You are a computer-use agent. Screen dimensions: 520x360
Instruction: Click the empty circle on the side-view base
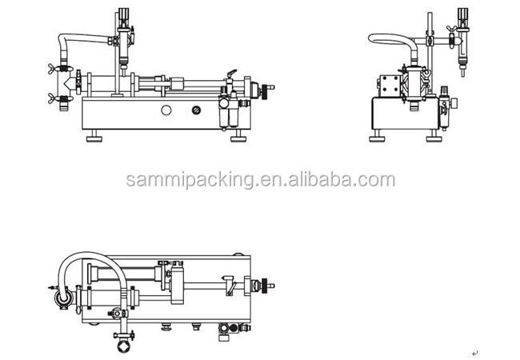(166, 110)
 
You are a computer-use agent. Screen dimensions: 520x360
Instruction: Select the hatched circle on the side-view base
(196, 110)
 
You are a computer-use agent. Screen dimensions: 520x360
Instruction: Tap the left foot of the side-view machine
(94, 136)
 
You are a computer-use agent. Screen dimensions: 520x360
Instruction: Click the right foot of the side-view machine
(238, 136)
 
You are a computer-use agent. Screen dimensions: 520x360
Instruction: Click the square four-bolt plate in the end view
(390, 84)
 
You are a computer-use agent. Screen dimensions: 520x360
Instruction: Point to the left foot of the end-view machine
(377, 136)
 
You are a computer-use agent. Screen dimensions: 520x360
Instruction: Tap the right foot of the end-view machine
(434, 136)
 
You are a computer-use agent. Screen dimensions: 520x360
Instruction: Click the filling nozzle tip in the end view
(463, 72)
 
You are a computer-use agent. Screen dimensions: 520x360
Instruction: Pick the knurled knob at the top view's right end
(265, 286)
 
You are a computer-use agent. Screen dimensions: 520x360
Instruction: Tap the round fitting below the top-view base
(124, 346)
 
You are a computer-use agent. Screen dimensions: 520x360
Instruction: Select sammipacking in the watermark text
(190, 180)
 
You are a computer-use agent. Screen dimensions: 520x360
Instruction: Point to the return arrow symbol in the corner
(475, 354)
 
